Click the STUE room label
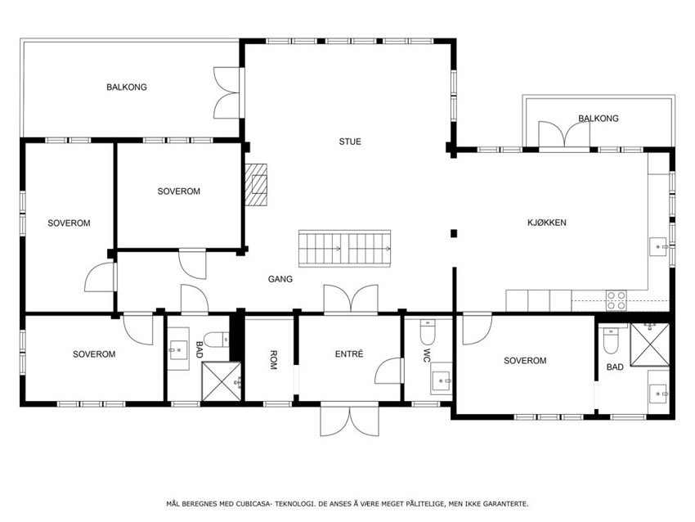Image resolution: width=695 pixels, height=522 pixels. [350, 142]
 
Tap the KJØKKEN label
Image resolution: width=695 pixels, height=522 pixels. [546, 223]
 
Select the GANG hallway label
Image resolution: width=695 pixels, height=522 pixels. [280, 279]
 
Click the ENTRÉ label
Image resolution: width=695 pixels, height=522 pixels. [349, 354]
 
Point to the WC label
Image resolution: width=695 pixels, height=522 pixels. [427, 356]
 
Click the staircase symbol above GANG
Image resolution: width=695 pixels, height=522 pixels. [347, 248]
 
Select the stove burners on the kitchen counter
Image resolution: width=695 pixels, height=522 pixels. [616, 300]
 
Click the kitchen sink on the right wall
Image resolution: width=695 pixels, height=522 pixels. [659, 244]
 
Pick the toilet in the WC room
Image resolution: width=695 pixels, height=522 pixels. [428, 331]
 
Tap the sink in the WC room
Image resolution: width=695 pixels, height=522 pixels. [442, 380]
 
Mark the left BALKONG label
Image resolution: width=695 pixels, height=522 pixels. [127, 87]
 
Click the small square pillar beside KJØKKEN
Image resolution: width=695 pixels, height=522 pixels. [453, 234]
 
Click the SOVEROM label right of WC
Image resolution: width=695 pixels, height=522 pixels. [525, 361]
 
